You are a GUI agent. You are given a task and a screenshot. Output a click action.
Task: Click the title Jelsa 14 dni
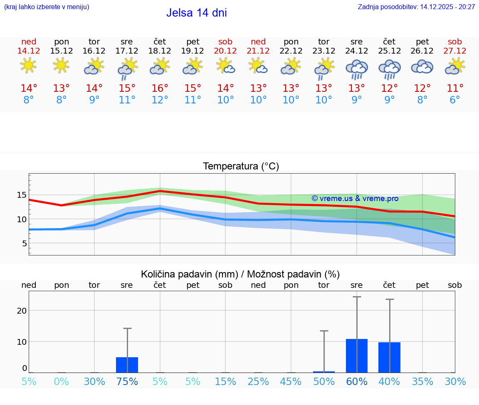click(x=196, y=13)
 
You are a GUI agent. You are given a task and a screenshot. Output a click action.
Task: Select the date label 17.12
click(x=127, y=51)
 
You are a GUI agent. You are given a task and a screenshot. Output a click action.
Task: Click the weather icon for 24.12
click(x=356, y=69)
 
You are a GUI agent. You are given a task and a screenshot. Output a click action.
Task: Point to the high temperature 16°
click(x=160, y=88)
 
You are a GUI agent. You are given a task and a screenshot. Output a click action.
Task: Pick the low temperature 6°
click(x=455, y=100)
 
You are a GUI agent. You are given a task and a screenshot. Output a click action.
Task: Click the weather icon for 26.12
click(x=422, y=67)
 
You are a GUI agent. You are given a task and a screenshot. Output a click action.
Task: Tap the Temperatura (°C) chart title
click(x=241, y=167)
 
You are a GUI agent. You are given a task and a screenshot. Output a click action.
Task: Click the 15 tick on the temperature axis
click(x=22, y=195)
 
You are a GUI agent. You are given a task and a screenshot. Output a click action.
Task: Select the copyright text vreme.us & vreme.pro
click(x=355, y=199)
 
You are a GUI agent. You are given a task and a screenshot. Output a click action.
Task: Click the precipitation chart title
click(x=240, y=274)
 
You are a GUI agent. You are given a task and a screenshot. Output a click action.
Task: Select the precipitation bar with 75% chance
click(x=127, y=365)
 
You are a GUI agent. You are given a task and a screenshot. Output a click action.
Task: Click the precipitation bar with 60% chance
click(x=357, y=356)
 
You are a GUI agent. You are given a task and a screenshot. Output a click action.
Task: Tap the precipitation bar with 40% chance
click(x=389, y=357)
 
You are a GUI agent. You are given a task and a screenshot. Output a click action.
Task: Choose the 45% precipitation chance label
click(x=291, y=382)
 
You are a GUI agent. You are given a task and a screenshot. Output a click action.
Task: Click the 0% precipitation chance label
click(x=62, y=382)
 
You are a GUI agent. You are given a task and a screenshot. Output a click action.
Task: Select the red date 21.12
click(x=258, y=51)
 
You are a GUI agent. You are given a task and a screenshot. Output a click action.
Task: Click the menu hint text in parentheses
click(x=47, y=7)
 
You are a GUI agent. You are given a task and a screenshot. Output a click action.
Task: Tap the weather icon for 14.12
click(x=28, y=66)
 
